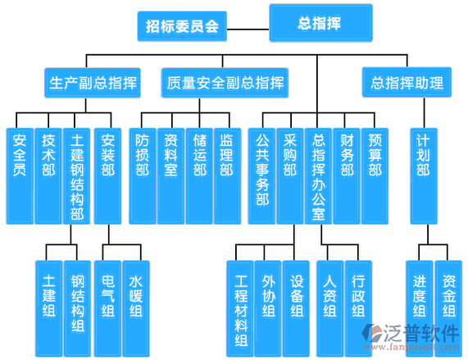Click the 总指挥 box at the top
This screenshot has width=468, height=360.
click(x=320, y=23)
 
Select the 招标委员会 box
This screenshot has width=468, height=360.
click(x=182, y=26)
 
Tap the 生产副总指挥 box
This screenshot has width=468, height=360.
click(x=93, y=83)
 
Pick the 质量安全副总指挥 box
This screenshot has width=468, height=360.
click(x=225, y=83)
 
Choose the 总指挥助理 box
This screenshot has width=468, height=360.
click(x=407, y=82)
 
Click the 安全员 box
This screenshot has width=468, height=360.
click(x=20, y=176)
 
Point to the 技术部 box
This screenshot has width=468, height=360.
click(x=48, y=176)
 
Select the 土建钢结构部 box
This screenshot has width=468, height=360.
click(x=77, y=176)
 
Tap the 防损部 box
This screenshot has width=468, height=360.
click(x=143, y=176)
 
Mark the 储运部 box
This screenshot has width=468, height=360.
click(x=199, y=176)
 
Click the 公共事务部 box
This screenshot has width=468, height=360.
click(x=261, y=176)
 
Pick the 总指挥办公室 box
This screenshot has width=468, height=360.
click(x=318, y=176)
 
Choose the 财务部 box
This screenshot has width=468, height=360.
click(x=347, y=176)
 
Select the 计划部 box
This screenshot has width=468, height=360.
click(x=424, y=176)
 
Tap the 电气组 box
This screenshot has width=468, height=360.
click(x=107, y=308)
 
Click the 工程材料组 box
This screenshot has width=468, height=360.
click(x=240, y=308)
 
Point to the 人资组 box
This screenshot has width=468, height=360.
click(x=330, y=308)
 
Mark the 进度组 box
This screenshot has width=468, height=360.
click(x=420, y=308)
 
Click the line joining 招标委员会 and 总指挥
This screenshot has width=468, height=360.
click(x=248, y=30)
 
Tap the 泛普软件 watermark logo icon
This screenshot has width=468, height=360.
click(x=372, y=332)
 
